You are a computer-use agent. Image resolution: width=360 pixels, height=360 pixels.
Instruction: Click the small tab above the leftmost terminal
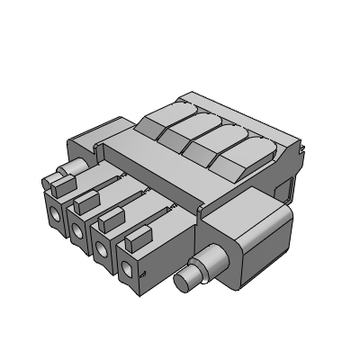coord(59,184)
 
